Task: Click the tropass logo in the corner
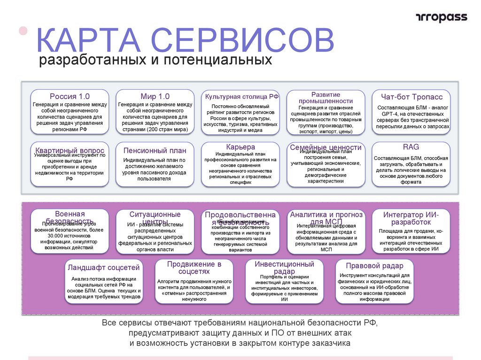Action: tap(442, 17)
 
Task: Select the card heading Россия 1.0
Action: tap(70, 97)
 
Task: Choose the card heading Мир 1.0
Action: tap(155, 97)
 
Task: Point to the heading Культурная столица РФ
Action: tap(240, 97)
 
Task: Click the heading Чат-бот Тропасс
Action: tap(411, 97)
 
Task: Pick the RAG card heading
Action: tap(411, 147)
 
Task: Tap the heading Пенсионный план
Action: tap(155, 151)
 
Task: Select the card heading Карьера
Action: tap(240, 147)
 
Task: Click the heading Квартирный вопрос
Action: tap(70, 151)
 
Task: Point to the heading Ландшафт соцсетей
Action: tap(104, 268)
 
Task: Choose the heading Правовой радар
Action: tap(374, 266)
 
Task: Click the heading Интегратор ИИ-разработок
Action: tap(411, 218)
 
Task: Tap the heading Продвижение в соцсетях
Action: tap(194, 268)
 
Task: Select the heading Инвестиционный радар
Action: tap(284, 268)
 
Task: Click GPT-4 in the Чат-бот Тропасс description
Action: tap(390, 114)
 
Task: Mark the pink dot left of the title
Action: tap(23, 31)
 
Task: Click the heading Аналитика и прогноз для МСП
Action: tap(326, 218)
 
